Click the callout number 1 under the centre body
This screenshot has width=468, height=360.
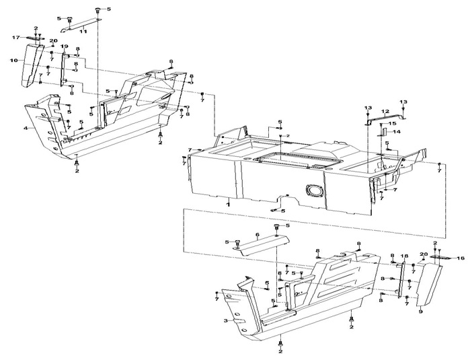click(x=228, y=203)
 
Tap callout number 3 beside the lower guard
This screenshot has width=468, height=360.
click(x=226, y=322)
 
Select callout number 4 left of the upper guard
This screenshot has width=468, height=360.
click(x=26, y=127)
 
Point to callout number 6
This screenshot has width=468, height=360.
click(x=256, y=234)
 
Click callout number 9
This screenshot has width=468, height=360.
click(x=420, y=313)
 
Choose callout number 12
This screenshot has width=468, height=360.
click(x=385, y=111)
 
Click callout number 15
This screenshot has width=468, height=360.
click(x=393, y=124)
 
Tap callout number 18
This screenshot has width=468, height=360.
click(x=405, y=256)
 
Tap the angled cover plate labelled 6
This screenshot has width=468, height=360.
click(x=256, y=244)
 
